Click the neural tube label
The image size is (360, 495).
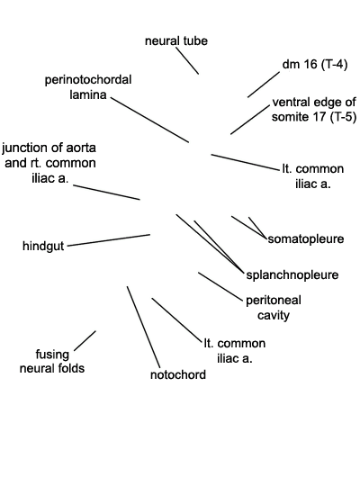pos(176,41)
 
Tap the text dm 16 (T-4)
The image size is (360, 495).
pos(315,65)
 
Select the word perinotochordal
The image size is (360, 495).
pos(88,80)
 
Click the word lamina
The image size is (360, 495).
pos(88,94)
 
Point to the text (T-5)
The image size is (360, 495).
pos(343,117)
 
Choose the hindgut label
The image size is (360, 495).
pos(43,246)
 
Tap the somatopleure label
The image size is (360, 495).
pos(306,239)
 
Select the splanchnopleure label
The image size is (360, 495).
pos(292,275)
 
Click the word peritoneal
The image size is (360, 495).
pos(274,301)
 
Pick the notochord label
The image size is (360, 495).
pos(178,374)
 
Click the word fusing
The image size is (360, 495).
pos(52,355)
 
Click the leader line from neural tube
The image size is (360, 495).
pos(187,60)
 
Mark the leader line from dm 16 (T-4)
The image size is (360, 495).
pos(264,85)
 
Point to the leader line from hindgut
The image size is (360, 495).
pos(109,240)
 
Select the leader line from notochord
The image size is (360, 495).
pos(144,328)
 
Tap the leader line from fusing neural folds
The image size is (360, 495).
pos(85,340)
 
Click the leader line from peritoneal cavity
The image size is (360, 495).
pos(221,285)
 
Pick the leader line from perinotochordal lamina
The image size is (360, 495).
pos(149,120)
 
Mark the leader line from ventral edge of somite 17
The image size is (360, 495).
pos(250,120)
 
